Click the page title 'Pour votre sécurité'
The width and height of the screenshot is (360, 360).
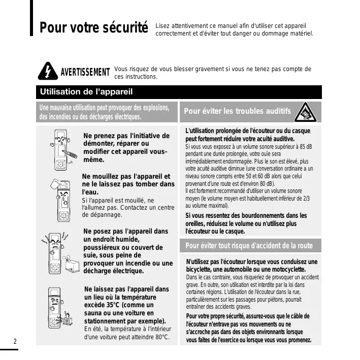click(x=93, y=27)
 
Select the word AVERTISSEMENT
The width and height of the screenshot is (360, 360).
click(x=85, y=73)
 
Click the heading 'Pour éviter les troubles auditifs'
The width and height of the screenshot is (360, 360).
click(x=237, y=111)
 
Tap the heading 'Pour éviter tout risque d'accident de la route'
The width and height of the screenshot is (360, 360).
click(x=249, y=246)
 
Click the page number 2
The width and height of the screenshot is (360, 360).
click(x=15, y=341)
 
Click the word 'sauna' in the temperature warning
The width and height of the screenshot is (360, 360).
click(x=94, y=313)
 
